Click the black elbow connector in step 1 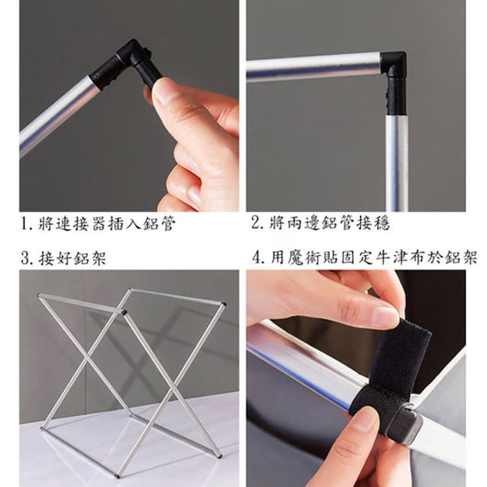pyautogui.click(x=127, y=65)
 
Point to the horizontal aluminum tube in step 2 pyautogui.click(x=313, y=68)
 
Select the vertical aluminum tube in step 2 pyautogui.click(x=397, y=163)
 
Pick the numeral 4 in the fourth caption pyautogui.click(x=257, y=258)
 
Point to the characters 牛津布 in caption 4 pyautogui.click(x=398, y=258)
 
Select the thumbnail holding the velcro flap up pyautogui.click(x=386, y=317)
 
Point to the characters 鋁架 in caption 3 pyautogui.click(x=90, y=259)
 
